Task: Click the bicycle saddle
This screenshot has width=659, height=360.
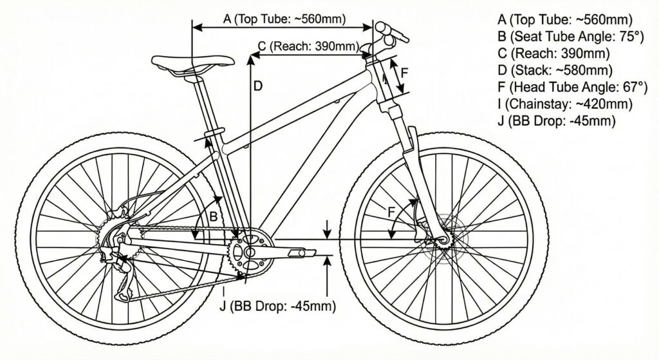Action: click(192, 62)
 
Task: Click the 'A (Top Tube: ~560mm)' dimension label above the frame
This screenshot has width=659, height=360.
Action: click(284, 19)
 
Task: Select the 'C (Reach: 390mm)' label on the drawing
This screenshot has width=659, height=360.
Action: click(308, 46)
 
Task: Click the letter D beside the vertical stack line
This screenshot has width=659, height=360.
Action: click(257, 86)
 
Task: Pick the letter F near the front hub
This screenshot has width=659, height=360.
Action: click(392, 211)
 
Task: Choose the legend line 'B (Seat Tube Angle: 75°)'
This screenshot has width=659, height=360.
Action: click(570, 37)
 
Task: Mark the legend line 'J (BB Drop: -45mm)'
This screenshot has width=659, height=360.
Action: click(557, 120)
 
